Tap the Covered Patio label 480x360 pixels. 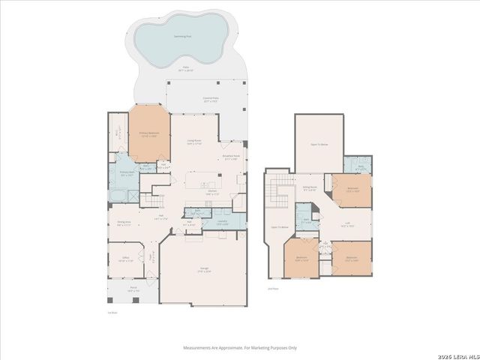click(x=209, y=98)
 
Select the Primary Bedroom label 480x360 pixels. click(x=148, y=135)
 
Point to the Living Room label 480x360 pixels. click(x=195, y=142)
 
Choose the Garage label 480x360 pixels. click(x=203, y=271)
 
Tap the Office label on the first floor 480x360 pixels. click(x=125, y=260)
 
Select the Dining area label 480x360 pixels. click(x=124, y=223)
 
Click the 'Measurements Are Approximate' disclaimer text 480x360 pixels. click(x=241, y=347)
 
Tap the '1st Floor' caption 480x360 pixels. click(x=112, y=313)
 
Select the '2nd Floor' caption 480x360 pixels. click(x=272, y=287)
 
